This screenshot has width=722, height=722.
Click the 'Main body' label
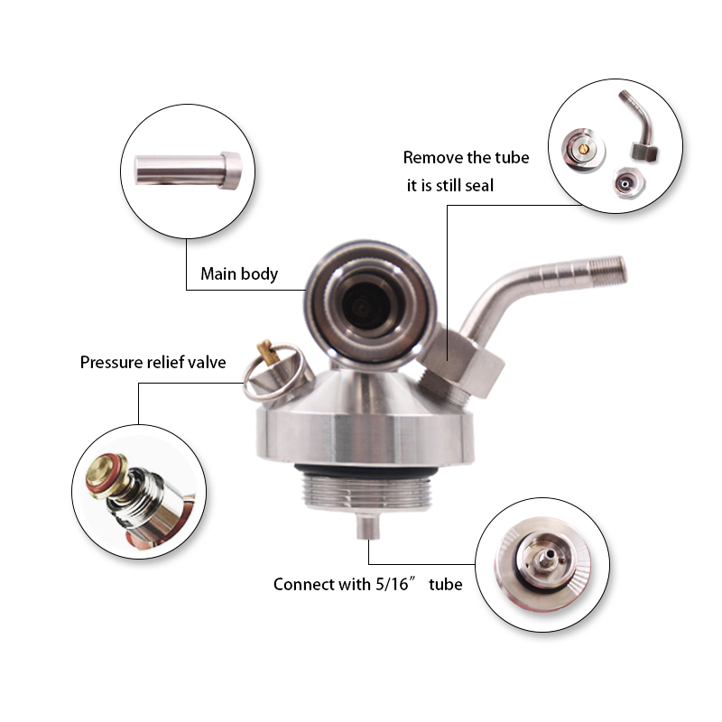pyautogui.click(x=239, y=274)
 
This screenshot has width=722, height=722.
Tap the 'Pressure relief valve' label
pyautogui.click(x=153, y=363)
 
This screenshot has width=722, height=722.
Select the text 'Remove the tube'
pyautogui.click(x=466, y=157)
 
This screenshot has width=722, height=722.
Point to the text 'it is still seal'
pyautogui.click(x=449, y=186)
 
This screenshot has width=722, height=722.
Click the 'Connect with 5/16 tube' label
pyautogui.click(x=367, y=584)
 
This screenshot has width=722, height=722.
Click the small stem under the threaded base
pyautogui.click(x=368, y=527)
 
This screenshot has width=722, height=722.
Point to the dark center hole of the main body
pyautogui.click(x=366, y=304)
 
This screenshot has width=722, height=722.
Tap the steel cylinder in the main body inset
pyautogui.click(x=188, y=171)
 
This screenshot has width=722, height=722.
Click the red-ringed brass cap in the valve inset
pyautogui.click(x=106, y=476)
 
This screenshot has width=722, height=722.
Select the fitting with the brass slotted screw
pyautogui.click(x=583, y=150)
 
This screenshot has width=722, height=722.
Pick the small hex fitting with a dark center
pyautogui.click(x=626, y=183)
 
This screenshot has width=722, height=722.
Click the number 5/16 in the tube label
pyautogui.click(x=392, y=584)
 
